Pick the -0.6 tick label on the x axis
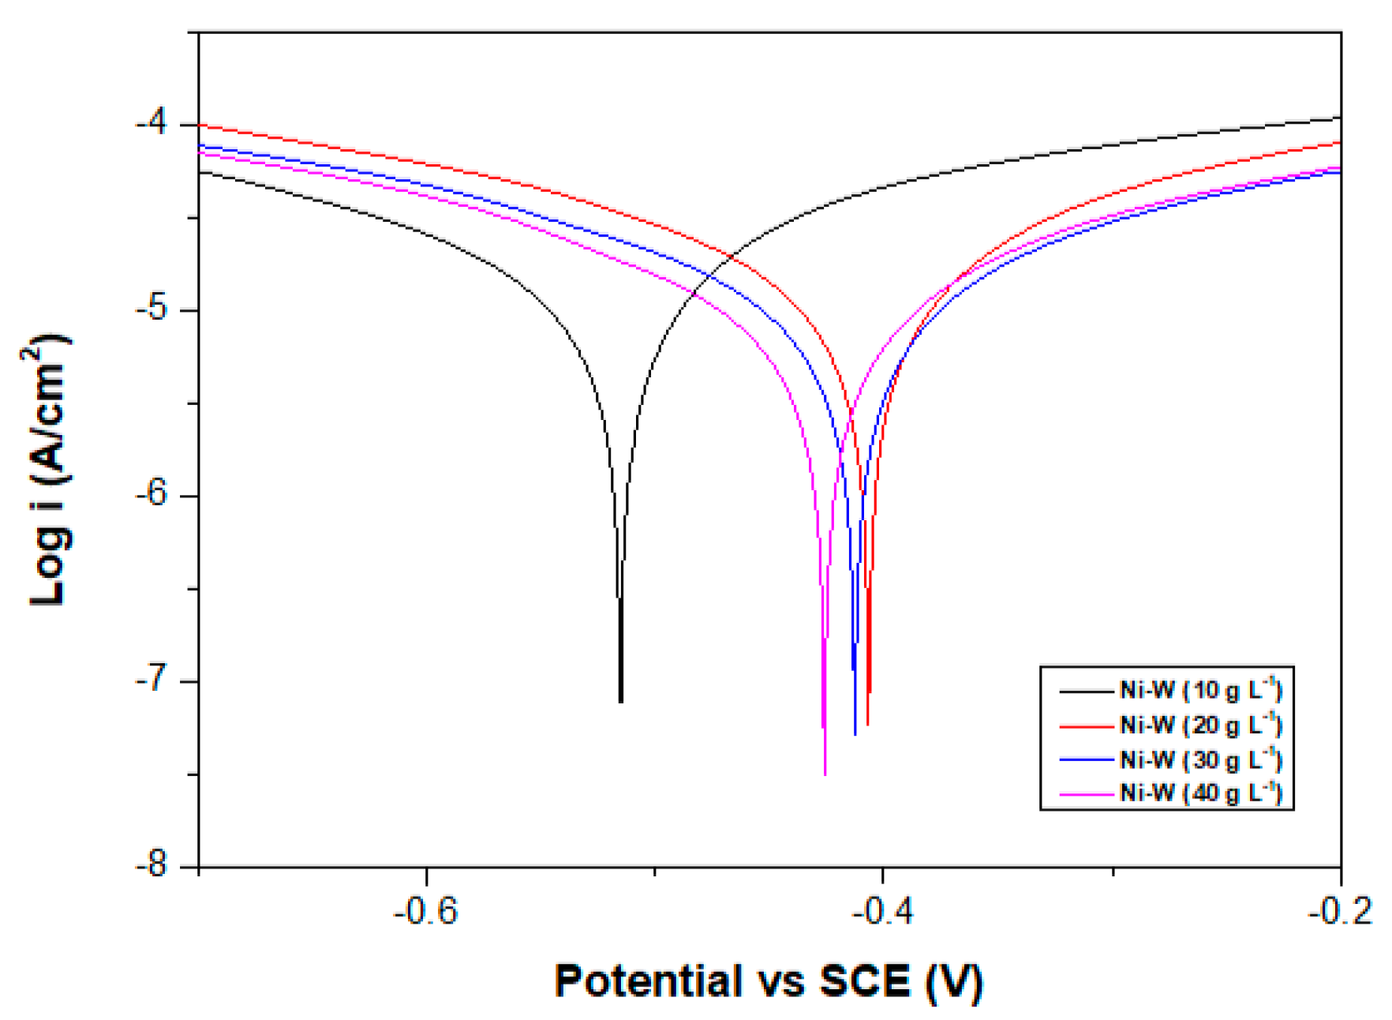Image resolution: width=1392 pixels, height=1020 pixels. [x=426, y=912]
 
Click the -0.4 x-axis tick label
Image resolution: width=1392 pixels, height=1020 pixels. [x=882, y=912]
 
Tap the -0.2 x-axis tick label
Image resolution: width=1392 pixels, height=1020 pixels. [x=1339, y=912]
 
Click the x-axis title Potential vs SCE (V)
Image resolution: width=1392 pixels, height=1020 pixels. [x=769, y=981]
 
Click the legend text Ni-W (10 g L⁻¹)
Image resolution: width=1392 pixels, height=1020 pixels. [x=1200, y=690]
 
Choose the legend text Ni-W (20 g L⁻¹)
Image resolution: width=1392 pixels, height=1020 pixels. [x=1200, y=724]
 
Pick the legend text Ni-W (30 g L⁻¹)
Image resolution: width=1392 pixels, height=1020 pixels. [x=1200, y=759]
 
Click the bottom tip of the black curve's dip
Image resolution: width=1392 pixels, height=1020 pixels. [x=621, y=701]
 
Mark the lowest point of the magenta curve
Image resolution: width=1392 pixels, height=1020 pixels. [x=825, y=774]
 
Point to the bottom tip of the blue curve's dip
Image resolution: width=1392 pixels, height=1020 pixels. [x=855, y=734]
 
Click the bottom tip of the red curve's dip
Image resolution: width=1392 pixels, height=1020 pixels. [x=868, y=724]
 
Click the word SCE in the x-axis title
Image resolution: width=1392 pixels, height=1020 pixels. [x=865, y=981]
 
